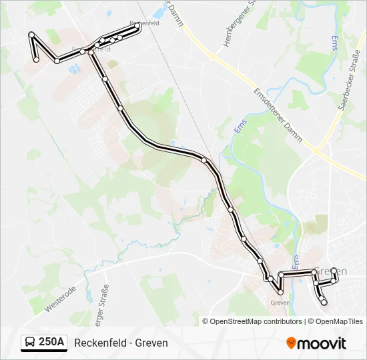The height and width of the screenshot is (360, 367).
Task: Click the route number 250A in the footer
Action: pos(51,342)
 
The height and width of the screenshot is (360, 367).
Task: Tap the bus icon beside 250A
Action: pos(31,343)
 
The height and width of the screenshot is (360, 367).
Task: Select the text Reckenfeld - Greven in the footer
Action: pos(121,343)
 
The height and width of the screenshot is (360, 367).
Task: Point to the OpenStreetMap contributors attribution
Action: pos(256,321)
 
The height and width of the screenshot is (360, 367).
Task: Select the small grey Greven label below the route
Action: pos(280,302)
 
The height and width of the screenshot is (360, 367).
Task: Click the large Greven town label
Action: pos(331,271)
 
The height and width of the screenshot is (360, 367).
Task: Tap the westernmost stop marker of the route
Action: pos(31,34)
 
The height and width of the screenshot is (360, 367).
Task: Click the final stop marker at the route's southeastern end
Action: pos(325,303)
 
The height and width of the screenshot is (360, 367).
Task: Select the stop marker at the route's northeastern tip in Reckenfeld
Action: pos(138,27)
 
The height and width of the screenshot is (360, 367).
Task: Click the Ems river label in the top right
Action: pos(334,43)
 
